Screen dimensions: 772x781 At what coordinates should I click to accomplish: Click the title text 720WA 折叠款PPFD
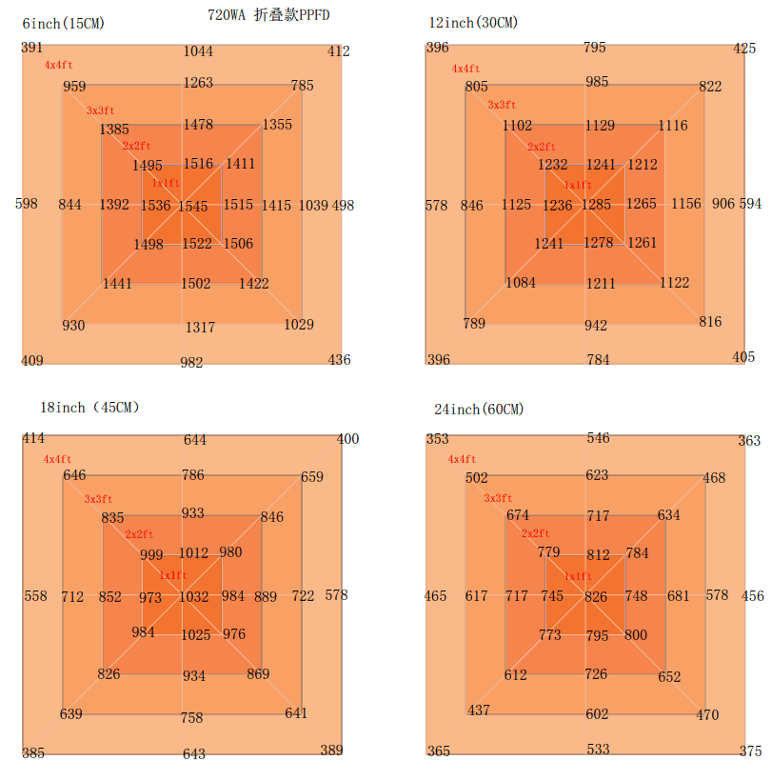pos(268,15)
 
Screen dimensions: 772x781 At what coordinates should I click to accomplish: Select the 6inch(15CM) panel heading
pos(63,24)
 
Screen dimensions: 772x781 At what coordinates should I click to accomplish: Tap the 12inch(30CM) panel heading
pos(473,23)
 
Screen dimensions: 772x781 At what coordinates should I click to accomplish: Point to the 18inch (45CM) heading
pos(89,408)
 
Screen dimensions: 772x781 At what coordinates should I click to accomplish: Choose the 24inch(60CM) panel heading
pos(479,409)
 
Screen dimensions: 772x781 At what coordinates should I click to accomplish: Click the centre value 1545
pos(193,206)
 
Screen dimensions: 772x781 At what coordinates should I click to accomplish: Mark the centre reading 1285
pos(596,204)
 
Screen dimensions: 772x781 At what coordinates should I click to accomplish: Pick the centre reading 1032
pos(193,596)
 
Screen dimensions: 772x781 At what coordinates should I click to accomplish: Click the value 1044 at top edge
pos(198,50)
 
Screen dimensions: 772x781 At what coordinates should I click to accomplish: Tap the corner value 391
pos(31,48)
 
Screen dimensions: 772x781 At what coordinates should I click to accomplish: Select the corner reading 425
pos(744,49)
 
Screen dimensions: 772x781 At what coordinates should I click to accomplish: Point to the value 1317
pos(200,328)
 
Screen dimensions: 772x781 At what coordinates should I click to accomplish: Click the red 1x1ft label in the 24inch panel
pos(578,576)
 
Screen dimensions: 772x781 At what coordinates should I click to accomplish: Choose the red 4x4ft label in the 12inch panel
pos(465,69)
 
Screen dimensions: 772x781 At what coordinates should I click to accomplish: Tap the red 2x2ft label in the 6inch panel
pos(136,146)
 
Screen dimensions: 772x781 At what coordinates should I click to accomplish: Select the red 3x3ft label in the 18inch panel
pos(98,498)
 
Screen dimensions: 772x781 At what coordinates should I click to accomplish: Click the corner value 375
pos(751,751)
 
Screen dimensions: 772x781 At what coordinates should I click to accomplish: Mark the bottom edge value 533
pos(598,749)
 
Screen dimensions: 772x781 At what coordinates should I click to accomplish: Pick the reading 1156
pos(686,204)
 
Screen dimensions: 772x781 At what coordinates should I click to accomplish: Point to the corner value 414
pos(33,438)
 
